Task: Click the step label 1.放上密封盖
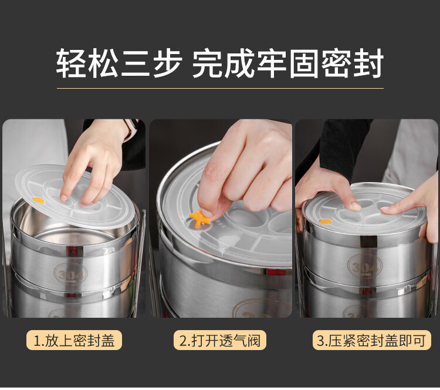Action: (x=74, y=340)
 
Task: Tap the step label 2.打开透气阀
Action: (x=220, y=340)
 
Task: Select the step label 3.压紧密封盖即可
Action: (x=371, y=340)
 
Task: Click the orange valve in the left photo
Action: (x=39, y=200)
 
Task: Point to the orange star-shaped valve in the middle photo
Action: (x=199, y=218)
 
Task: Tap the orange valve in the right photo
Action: (x=326, y=221)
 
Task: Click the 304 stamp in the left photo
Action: (x=70, y=273)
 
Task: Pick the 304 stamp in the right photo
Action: (x=365, y=267)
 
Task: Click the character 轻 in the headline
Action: (x=70, y=63)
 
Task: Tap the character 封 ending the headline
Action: (x=368, y=63)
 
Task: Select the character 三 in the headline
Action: (x=136, y=63)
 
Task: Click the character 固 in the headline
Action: (x=303, y=63)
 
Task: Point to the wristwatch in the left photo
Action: (x=131, y=129)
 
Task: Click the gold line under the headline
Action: (x=220, y=88)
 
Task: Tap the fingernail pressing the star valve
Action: (x=207, y=213)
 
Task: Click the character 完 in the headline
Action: (x=207, y=63)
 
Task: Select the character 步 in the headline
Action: (x=168, y=63)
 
